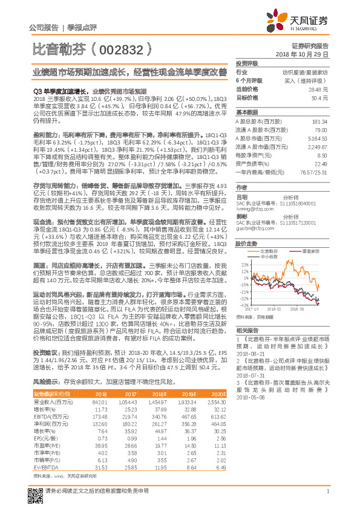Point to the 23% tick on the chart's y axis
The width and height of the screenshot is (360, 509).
click(244, 265)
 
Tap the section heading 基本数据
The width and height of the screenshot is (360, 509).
click(246, 112)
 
